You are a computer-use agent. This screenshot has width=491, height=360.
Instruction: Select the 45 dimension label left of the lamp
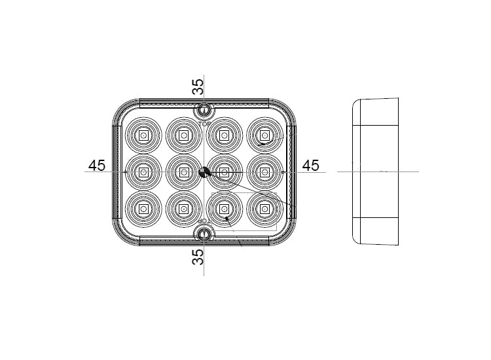coord(97,166)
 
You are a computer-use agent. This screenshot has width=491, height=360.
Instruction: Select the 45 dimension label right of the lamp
coord(311,166)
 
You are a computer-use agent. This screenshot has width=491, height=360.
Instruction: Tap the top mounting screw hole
coord(204,111)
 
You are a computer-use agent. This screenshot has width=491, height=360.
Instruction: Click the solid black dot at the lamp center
coord(204,172)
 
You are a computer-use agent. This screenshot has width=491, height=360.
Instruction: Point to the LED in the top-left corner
coord(143,135)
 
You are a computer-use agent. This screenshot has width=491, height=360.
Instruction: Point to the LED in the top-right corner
coord(264,135)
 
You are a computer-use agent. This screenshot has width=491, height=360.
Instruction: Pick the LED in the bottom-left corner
coord(143,209)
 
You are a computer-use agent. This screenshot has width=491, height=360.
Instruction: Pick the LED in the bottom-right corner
coord(264,209)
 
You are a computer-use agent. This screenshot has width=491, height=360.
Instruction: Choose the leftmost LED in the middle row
coord(143,172)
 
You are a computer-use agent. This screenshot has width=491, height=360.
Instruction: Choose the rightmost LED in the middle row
coord(264,172)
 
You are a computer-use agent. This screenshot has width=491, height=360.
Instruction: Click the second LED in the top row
coord(183,135)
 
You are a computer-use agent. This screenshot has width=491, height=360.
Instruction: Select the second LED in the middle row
coord(183,172)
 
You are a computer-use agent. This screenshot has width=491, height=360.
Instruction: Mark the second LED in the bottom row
coord(183,209)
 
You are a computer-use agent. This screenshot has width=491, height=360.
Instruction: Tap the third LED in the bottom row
coord(224,209)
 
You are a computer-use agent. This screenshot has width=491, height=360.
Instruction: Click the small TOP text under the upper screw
coord(204,122)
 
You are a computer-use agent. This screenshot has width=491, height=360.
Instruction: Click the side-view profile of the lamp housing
coord(376,171)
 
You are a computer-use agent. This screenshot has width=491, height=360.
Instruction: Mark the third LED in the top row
coord(224,135)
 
